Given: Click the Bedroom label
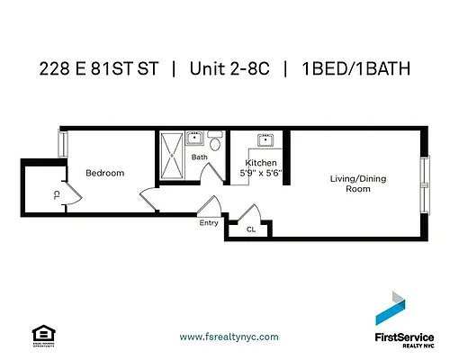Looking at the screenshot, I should pyautogui.click(x=104, y=173).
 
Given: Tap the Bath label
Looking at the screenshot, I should pyautogui.click(x=200, y=157).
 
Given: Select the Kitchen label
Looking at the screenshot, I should pyautogui.click(x=261, y=163).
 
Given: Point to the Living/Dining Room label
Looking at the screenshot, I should pyautogui.click(x=357, y=184).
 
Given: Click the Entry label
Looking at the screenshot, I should pyautogui.click(x=208, y=223).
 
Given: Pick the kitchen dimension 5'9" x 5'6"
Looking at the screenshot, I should pyautogui.click(x=261, y=173).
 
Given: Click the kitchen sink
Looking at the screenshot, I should pyautogui.click(x=266, y=140).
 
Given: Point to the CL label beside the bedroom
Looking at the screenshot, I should pyautogui.click(x=56, y=193).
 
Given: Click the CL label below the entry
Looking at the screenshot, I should pyautogui.click(x=252, y=230).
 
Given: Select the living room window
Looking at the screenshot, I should pyautogui.click(x=424, y=184).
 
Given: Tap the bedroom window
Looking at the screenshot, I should pyautogui.click(x=61, y=147).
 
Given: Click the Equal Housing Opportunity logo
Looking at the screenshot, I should pyautogui.click(x=39, y=333).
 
